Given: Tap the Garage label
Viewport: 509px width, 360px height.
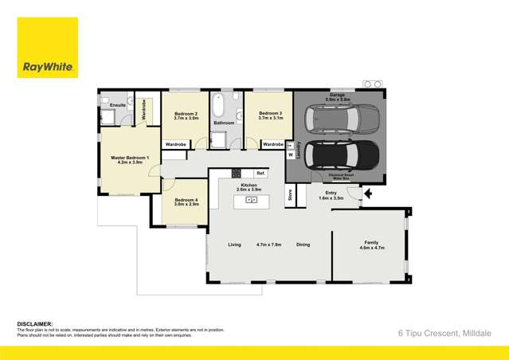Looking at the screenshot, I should click(x=338, y=94).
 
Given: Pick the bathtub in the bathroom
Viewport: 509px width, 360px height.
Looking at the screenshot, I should click(x=217, y=107).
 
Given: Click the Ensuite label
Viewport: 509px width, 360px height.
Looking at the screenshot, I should click(x=117, y=105).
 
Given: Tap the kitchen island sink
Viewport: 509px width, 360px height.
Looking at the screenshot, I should click(x=251, y=199).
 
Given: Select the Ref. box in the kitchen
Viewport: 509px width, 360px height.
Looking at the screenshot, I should click(x=260, y=173).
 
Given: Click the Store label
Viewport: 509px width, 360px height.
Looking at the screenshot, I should click(x=291, y=194).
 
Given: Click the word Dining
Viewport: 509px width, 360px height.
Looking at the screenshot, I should click(x=303, y=245).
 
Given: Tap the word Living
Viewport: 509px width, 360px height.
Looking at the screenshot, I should click(x=234, y=245).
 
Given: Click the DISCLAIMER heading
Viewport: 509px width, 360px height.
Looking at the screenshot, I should click(x=35, y=324).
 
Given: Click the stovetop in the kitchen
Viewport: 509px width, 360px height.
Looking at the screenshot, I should click(x=237, y=173).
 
